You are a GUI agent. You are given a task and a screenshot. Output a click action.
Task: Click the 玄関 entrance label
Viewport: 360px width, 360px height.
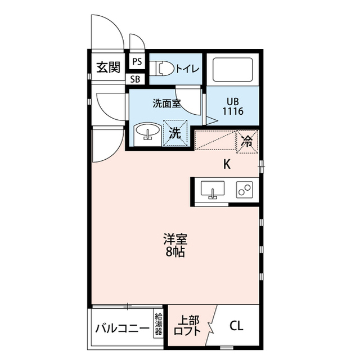pyautogui.click(x=108, y=67)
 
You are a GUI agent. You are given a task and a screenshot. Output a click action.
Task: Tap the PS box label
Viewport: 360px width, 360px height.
pyautogui.click(x=137, y=61)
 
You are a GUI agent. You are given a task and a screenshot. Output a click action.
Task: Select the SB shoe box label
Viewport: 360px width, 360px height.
pyautogui.click(x=135, y=79)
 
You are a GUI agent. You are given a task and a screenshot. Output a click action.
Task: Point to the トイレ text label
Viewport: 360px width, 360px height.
pyautogui.click(x=187, y=69)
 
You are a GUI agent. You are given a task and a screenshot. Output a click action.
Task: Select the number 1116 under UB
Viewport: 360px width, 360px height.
pyautogui.click(x=233, y=111)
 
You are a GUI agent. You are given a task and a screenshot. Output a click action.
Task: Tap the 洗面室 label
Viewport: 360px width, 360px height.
pyautogui.click(x=166, y=103)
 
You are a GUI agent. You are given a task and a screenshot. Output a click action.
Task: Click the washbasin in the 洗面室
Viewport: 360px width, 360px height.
pyautogui.click(x=147, y=132)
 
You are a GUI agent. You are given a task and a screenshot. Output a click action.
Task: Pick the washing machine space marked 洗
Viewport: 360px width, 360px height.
pyautogui.click(x=175, y=133)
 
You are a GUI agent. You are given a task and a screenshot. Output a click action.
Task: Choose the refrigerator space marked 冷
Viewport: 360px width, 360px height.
pyautogui.click(x=247, y=141)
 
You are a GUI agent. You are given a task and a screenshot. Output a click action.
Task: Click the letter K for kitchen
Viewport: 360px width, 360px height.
pyautogui.click(x=227, y=164)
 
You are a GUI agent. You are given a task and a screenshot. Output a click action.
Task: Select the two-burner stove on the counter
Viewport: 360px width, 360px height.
pyautogui.click(x=244, y=190)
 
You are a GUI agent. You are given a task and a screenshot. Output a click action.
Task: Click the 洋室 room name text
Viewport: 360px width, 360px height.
pyautogui.click(x=175, y=239)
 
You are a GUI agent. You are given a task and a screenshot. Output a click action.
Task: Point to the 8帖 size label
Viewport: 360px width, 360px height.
pyautogui.click(x=175, y=253)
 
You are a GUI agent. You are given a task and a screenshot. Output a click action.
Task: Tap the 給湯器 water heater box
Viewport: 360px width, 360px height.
pyautogui.click(x=158, y=324)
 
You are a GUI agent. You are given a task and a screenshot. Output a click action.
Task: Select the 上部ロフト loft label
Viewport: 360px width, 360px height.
pyautogui.click(x=187, y=326)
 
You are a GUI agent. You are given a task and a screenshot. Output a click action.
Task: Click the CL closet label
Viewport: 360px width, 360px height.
pyautogui.click(x=236, y=326)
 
